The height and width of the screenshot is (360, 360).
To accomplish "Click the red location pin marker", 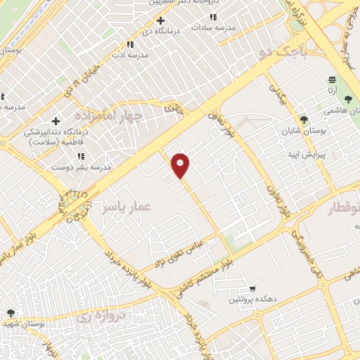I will coord(181,165).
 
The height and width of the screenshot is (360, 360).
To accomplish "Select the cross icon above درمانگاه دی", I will coord(160,21).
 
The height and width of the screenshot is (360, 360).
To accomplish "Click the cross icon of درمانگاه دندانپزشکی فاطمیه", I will coord(56,122).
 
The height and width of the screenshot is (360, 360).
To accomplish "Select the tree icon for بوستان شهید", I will coord(10,313).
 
